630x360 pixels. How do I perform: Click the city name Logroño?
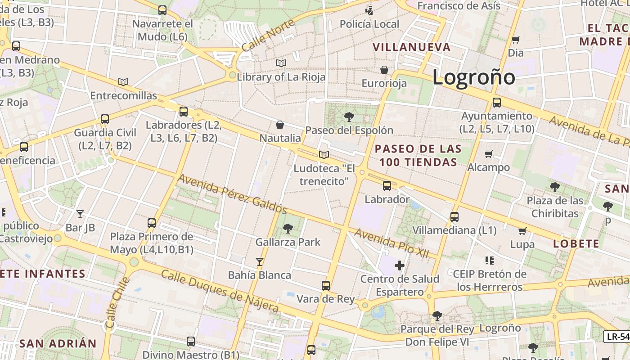point(473,77)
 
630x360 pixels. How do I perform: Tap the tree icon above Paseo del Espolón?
point(349,117)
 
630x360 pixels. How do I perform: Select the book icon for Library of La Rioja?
point(281,63)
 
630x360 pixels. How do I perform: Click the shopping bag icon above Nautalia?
point(280,124)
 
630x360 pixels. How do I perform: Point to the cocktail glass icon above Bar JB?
point(80,214)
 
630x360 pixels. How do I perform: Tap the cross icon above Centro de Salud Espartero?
point(399,265)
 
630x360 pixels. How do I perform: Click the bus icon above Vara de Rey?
point(325,285)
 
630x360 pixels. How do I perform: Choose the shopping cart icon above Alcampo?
point(489,154)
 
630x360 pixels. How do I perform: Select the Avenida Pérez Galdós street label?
point(232,194)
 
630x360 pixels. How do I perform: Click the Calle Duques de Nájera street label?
point(220,291)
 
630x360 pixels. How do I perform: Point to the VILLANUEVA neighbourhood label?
point(412,47)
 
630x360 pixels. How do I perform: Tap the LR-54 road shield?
point(617,336)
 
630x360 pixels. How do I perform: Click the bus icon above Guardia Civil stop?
point(105,119)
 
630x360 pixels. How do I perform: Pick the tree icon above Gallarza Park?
point(288,229)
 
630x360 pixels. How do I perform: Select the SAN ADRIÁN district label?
point(58,344)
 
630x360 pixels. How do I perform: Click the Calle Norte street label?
point(267,35)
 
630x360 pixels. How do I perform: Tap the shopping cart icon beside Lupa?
point(522,231)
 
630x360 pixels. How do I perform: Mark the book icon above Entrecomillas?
point(123,82)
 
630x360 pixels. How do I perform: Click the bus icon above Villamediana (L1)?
point(454,217)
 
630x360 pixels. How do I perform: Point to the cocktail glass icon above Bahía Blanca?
point(259,261)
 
